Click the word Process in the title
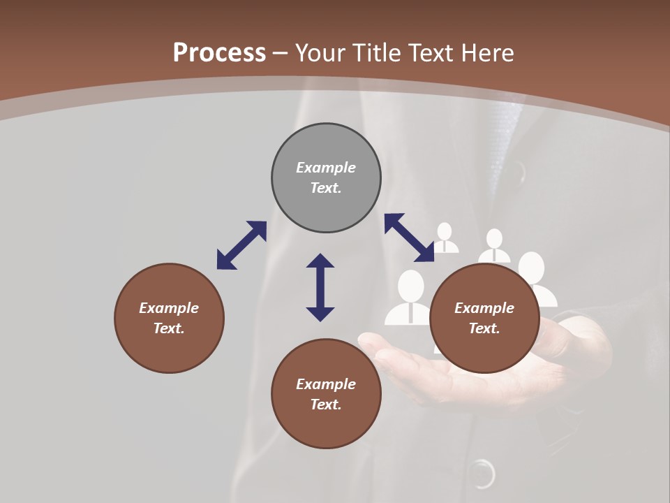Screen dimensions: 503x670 (x=219, y=53)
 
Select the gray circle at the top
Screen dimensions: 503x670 (x=326, y=177)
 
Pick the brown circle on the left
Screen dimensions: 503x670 (x=169, y=318)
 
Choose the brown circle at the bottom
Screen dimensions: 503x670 (x=326, y=394)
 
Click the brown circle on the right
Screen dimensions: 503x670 (x=484, y=318)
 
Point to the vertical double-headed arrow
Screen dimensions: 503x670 (x=320, y=287)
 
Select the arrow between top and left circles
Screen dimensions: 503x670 (x=241, y=245)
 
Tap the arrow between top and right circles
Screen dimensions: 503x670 (x=409, y=238)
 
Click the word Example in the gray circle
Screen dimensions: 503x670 (x=326, y=168)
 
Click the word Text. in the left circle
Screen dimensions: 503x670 (x=169, y=328)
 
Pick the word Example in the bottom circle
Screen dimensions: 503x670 (x=326, y=384)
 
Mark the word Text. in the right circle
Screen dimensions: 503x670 (x=484, y=328)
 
